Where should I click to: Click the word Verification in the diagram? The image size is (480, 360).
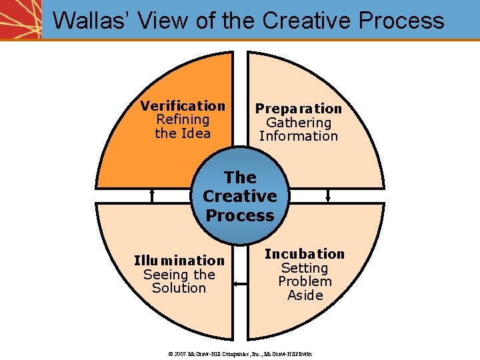pos(183,106)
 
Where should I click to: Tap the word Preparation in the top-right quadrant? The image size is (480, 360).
pos(298,109)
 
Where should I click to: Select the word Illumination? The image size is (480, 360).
pos(179,261)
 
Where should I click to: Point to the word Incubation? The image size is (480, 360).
pos(305,254)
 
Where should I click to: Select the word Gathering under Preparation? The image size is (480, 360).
pos(298,123)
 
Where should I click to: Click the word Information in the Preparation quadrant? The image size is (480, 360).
pos(298,136)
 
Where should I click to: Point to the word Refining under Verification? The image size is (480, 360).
pos(183,120)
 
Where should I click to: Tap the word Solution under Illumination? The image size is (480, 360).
pos(179,288)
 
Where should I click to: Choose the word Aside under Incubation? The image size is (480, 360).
pos(305,295)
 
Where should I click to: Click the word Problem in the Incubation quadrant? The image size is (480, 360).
pos(305,281)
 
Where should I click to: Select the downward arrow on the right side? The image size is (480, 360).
pos(328,195)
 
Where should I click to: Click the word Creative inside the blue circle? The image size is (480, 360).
pos(240,197)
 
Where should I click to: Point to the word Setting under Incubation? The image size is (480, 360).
pos(305,268)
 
